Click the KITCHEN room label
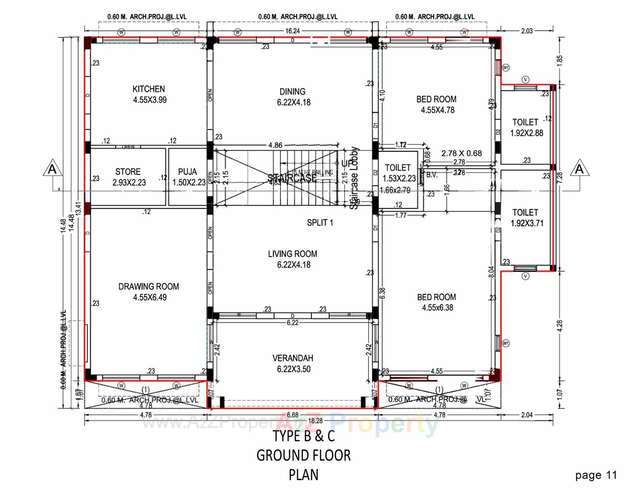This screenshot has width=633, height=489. pyautogui.click(x=149, y=89)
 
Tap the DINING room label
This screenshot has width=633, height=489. pyautogui.click(x=292, y=92)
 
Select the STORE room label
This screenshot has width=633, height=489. pyautogui.click(x=128, y=172)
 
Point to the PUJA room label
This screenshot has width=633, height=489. pyautogui.click(x=187, y=172)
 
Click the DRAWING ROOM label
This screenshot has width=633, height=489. pyautogui.click(x=149, y=287)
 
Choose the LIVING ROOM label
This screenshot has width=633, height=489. pyautogui.click(x=292, y=254)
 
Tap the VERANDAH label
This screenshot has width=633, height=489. pyautogui.click(x=293, y=358)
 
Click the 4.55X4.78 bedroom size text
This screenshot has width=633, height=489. pyautogui.click(x=437, y=110)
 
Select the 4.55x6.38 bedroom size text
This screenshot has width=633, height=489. pyautogui.click(x=437, y=308)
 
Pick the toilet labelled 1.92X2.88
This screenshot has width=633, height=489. pyautogui.click(x=526, y=128)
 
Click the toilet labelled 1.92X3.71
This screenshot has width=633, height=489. pyautogui.click(x=527, y=218)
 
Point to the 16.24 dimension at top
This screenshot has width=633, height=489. pyautogui.click(x=292, y=31)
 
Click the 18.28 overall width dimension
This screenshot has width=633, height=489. pyautogui.click(x=315, y=421)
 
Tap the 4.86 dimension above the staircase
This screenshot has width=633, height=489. pyautogui.click(x=275, y=145)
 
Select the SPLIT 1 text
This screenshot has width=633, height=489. pyautogui.click(x=320, y=223)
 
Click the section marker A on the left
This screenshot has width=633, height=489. pyautogui.click(x=52, y=169)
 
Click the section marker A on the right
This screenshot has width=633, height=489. pyautogui.click(x=579, y=169)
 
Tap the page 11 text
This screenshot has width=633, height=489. pyautogui.click(x=596, y=475)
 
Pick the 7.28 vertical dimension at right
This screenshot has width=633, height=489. pyautogui.click(x=559, y=178)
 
